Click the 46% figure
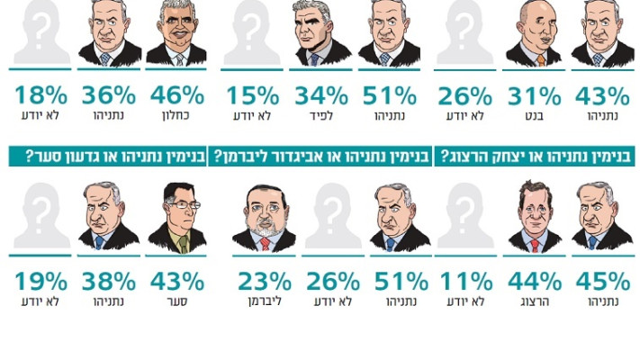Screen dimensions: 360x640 tap(176, 94)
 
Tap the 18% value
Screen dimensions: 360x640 tap(39, 94)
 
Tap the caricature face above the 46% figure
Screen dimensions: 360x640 tap(176, 33)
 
